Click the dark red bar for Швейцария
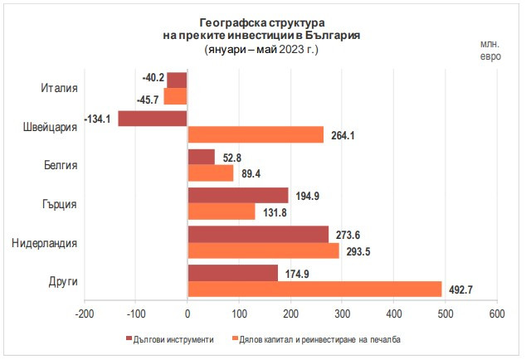(153, 119)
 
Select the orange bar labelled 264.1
(256, 134)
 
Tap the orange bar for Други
(314, 289)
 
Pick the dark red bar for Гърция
(238, 196)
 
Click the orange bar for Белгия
(211, 173)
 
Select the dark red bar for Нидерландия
(258, 234)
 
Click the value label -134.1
(96, 119)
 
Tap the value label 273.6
(349, 234)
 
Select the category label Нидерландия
(45, 242)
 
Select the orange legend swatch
(235, 339)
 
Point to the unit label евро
(490, 56)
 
